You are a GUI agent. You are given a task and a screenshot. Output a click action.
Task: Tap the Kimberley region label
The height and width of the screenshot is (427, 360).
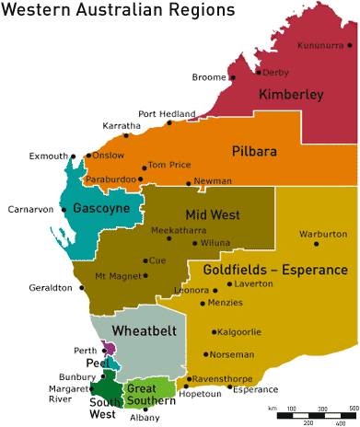point(290,95)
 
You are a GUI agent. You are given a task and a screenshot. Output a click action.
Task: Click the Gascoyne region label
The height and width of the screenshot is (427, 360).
point(101,209)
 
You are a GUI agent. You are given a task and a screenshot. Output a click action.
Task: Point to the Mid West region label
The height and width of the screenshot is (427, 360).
point(213,214)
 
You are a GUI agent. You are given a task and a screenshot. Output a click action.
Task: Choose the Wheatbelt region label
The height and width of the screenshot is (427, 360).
point(139,329)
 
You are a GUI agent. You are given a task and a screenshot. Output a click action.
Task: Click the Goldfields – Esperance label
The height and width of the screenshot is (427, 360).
point(272,272)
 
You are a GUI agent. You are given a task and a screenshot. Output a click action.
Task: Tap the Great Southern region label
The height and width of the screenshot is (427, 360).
point(150,395)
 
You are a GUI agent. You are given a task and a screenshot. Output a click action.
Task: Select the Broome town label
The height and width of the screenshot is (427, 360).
point(208,77)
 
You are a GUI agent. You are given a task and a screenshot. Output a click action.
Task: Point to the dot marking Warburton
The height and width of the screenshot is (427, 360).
point(317,244)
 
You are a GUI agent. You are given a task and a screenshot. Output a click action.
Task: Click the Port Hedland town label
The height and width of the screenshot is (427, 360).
point(167,113)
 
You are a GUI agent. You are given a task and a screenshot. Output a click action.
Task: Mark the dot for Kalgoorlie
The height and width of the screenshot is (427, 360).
point(214,332)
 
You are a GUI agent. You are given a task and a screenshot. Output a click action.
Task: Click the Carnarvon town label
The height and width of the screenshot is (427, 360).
point(30,210)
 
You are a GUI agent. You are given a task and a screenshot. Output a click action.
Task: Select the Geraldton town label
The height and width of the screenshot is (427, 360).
point(51,288)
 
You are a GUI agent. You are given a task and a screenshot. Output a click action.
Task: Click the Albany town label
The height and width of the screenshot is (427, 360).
point(145,418)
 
